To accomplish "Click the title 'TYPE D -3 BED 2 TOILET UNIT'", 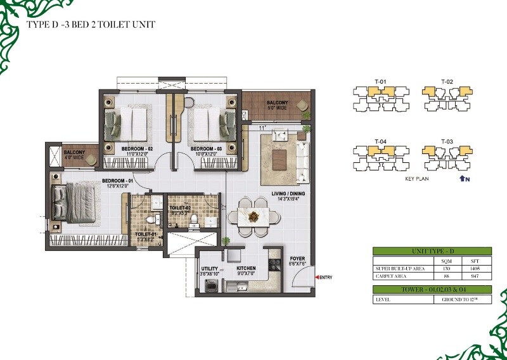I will [91, 25].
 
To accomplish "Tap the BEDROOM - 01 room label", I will [117, 183].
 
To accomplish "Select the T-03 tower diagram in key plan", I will [447, 155].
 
